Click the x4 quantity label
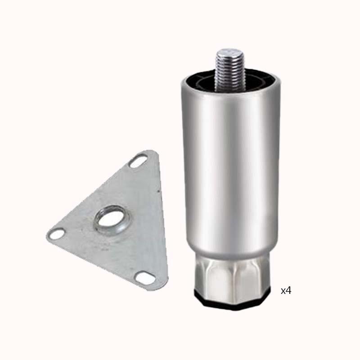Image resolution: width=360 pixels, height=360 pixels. point(286,291)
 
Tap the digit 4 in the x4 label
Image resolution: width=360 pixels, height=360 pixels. point(288,291)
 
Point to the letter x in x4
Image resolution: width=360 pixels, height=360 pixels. point(283,292)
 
